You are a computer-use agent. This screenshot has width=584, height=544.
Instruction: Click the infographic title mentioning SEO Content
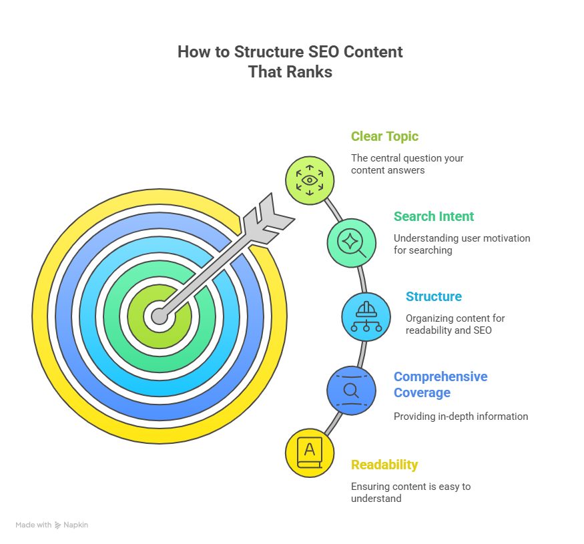click(290, 61)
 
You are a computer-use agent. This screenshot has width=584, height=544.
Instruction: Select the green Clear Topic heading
click(384, 136)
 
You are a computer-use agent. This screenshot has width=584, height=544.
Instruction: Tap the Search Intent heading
click(433, 216)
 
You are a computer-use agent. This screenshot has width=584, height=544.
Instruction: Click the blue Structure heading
click(433, 296)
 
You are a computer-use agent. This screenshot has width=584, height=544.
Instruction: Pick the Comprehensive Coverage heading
click(440, 384)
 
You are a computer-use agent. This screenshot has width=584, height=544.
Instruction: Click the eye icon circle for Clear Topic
click(310, 180)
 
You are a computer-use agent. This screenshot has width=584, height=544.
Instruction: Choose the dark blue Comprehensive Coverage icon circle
click(351, 390)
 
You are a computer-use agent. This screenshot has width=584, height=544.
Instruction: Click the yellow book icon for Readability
click(309, 453)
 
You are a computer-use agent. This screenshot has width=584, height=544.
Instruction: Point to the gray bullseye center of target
click(159, 316)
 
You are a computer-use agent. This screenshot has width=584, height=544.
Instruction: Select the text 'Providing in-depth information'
click(461, 417)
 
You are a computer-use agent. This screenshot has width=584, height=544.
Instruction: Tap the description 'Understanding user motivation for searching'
click(461, 244)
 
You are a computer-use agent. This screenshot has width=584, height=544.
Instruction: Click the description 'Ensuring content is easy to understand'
click(410, 493)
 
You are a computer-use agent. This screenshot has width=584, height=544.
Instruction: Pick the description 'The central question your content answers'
click(407, 164)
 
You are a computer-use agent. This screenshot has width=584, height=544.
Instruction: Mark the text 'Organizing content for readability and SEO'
click(454, 324)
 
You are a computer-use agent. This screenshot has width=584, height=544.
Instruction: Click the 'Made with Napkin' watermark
click(52, 525)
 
